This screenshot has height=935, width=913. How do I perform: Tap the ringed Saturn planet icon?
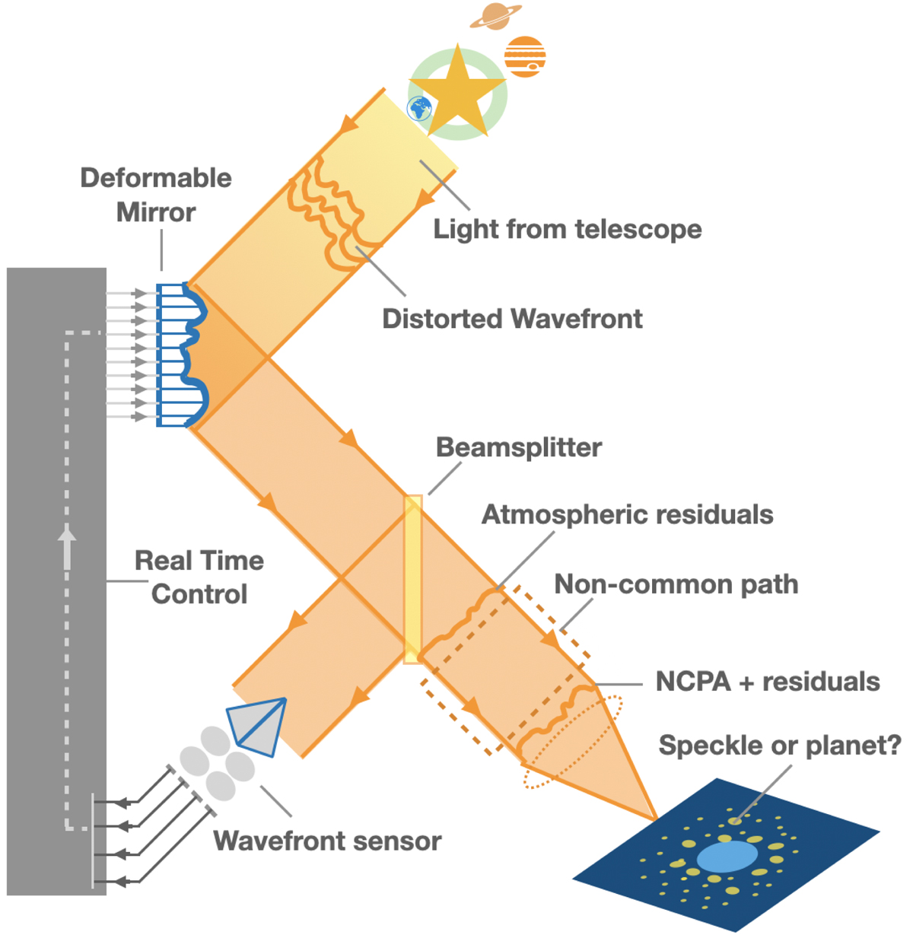495,16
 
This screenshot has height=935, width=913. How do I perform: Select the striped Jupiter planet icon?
525,57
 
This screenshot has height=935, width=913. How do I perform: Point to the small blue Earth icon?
418,108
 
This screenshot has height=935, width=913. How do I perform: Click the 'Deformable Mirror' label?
156,195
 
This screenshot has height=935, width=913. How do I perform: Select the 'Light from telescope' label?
568,229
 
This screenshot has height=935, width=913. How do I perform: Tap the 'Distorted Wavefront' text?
512,319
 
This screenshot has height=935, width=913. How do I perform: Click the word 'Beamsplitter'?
519,447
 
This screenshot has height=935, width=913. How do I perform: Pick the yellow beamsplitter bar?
412,579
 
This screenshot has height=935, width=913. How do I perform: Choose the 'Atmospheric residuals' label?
628,515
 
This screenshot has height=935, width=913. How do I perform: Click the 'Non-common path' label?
676,584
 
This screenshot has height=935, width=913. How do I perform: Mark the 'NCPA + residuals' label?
768,682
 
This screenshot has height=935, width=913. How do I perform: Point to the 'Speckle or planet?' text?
780,746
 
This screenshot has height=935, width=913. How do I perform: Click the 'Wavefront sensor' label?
327,841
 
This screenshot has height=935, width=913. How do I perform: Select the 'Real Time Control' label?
199,577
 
